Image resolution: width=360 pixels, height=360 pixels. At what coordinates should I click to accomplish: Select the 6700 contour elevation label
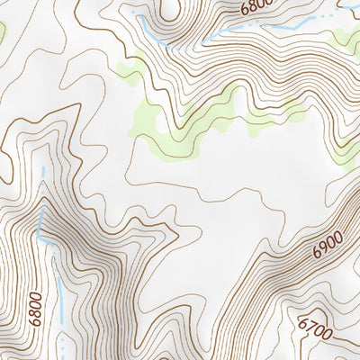(316, 330)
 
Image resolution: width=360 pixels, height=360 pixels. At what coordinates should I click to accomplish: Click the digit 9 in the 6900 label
(325, 249)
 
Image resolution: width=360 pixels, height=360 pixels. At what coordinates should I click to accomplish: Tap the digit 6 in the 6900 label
(319, 255)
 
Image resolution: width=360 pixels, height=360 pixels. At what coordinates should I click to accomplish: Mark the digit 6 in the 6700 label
(304, 321)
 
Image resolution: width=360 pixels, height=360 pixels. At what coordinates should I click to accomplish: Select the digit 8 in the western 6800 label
(36, 312)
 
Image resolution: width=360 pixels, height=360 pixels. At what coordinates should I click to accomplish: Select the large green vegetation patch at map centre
(193, 121)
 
